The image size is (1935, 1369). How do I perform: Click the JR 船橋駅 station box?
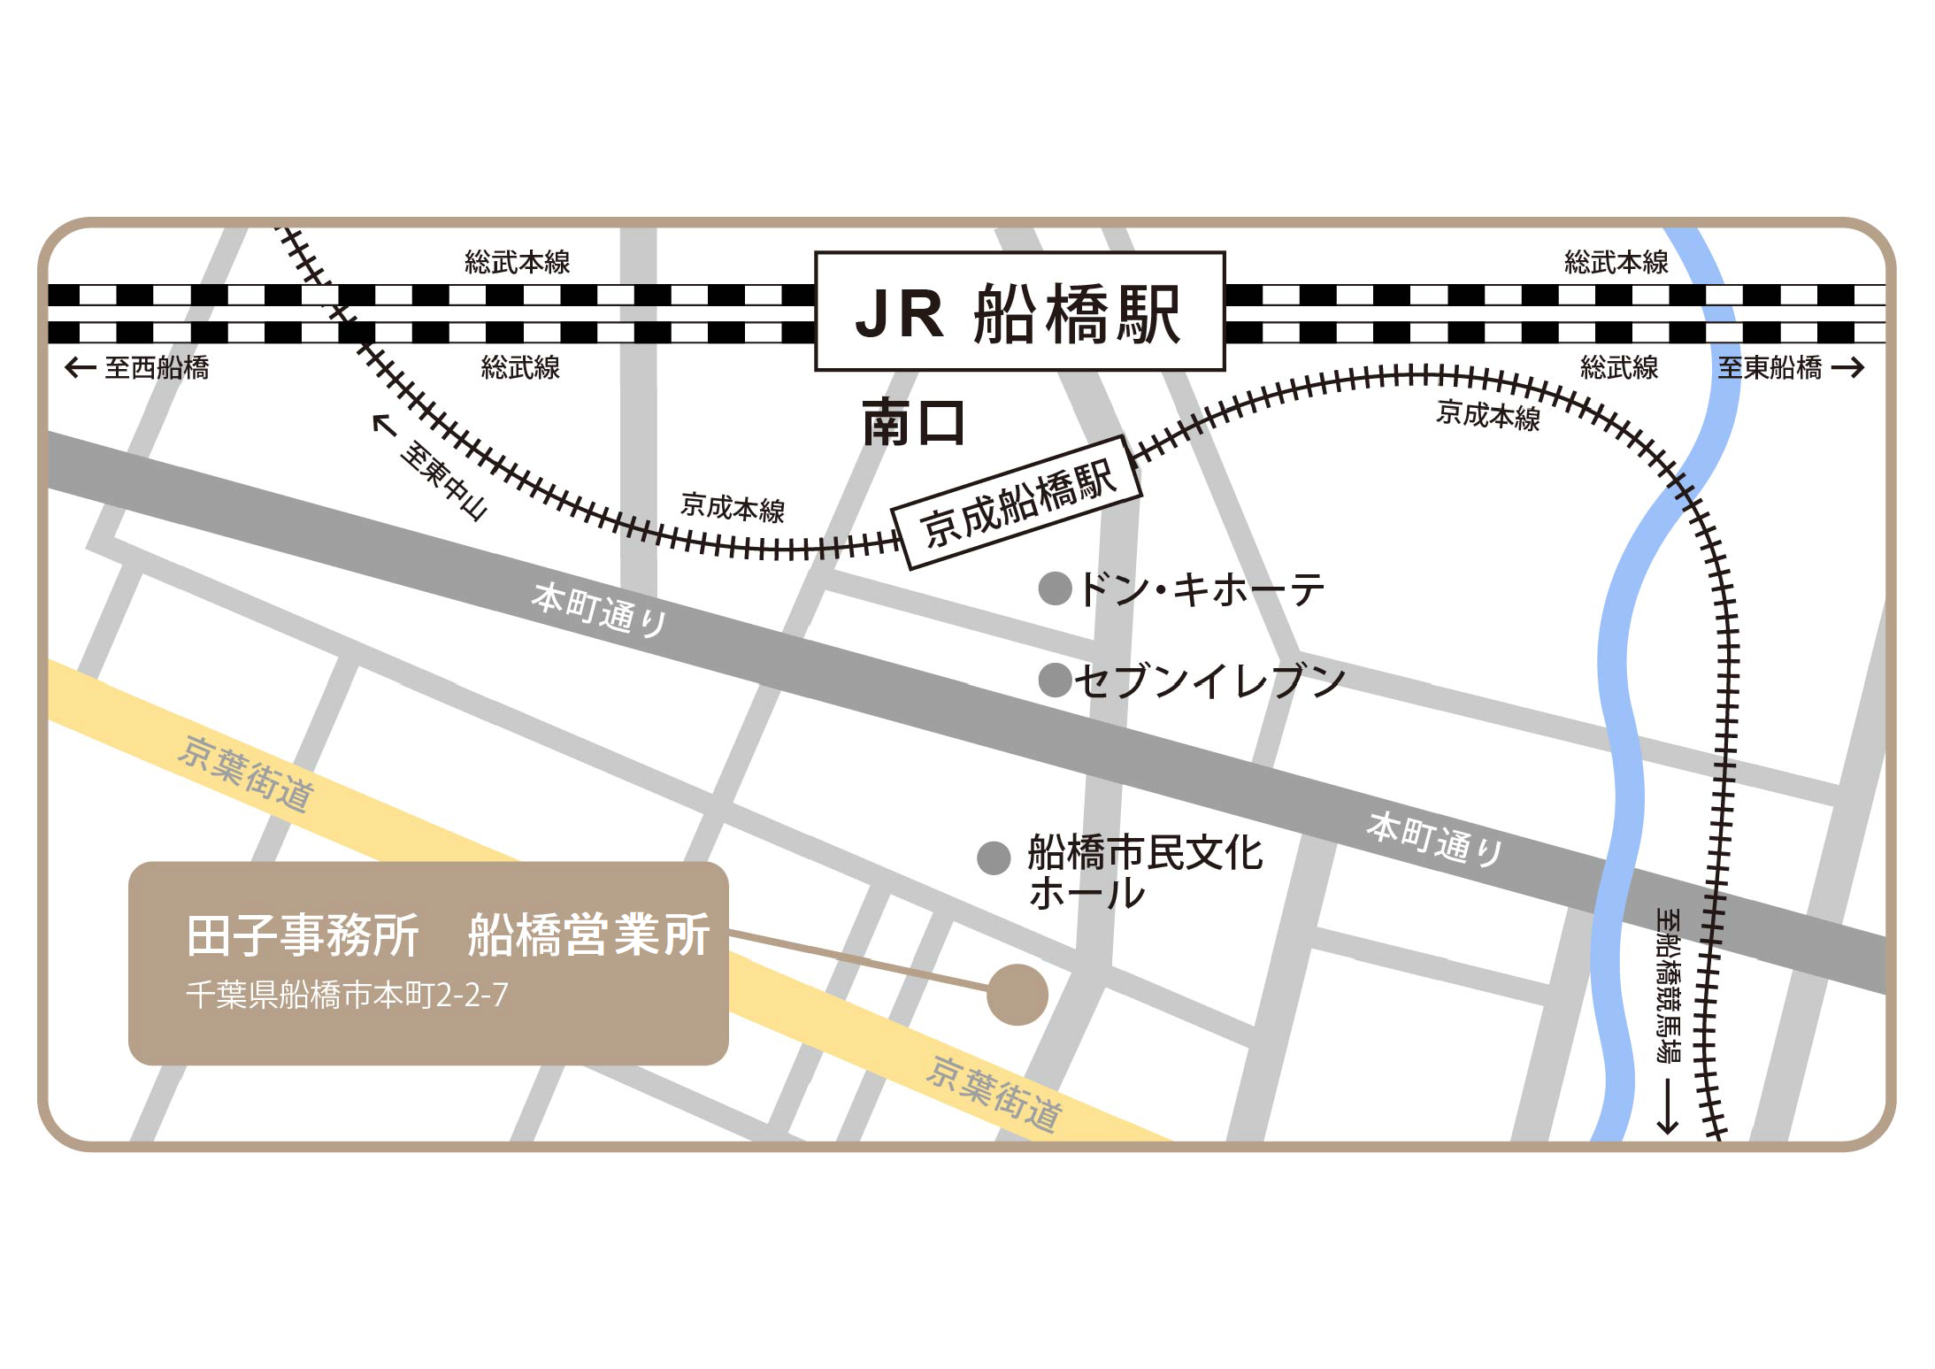point(1019,311)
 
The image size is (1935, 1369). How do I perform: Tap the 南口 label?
point(913,422)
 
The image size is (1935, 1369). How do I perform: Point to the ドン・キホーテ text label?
point(1202,589)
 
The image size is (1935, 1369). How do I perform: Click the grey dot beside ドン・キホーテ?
point(1055,588)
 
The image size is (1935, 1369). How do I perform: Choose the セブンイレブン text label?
point(1209,681)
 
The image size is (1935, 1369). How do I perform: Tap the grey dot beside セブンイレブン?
point(1055,681)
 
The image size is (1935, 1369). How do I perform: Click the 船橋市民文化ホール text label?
point(1143,872)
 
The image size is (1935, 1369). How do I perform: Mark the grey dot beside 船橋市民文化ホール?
point(994,858)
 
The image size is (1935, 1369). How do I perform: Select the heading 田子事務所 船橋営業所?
point(448,935)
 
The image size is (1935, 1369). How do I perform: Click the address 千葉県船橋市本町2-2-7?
point(347,996)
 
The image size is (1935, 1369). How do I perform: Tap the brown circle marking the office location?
point(1017,995)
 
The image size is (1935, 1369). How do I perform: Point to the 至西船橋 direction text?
point(157,367)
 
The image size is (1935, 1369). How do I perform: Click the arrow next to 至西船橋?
point(81,367)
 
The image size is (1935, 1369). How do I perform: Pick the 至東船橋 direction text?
point(1770,367)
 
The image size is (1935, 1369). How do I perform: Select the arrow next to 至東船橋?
point(1847,367)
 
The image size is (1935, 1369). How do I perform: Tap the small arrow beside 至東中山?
point(383,426)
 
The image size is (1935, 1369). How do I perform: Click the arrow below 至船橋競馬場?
point(1668,1105)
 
